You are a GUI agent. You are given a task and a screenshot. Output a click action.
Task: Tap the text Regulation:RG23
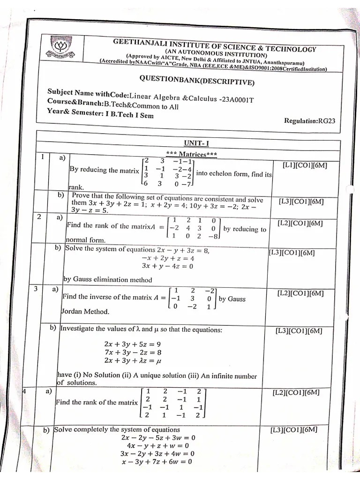(x=309, y=120)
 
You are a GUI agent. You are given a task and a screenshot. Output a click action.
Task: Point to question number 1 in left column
(x=42, y=157)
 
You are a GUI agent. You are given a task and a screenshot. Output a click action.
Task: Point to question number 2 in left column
(x=39, y=217)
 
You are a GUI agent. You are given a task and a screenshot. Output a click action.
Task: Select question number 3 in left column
(x=36, y=289)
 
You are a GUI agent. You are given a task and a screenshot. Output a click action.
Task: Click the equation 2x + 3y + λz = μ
(x=133, y=361)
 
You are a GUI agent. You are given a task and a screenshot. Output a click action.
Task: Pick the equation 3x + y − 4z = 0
(x=167, y=266)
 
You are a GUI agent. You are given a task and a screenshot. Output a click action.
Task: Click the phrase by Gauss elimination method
(x=108, y=280)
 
